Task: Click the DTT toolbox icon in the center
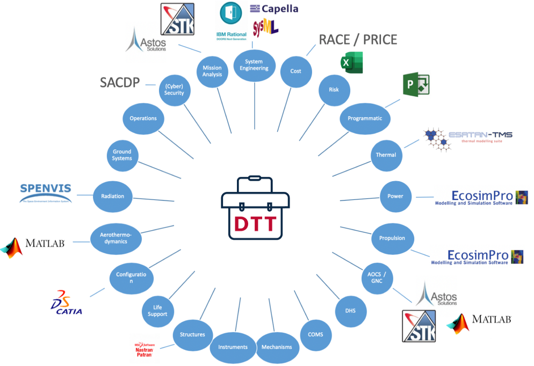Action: point(255,207)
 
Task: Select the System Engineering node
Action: point(254,65)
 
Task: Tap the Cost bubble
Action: point(295,71)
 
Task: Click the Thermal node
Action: point(386,155)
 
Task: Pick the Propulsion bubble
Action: point(392,238)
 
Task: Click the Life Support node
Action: point(157,310)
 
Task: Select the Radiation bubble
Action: point(113,196)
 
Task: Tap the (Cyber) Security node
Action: point(174,89)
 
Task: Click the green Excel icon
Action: point(352,63)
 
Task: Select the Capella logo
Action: point(274,9)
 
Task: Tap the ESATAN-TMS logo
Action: point(467,138)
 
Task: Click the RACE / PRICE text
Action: point(358,39)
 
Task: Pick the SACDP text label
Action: point(120,82)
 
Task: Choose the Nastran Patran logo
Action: point(145,349)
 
